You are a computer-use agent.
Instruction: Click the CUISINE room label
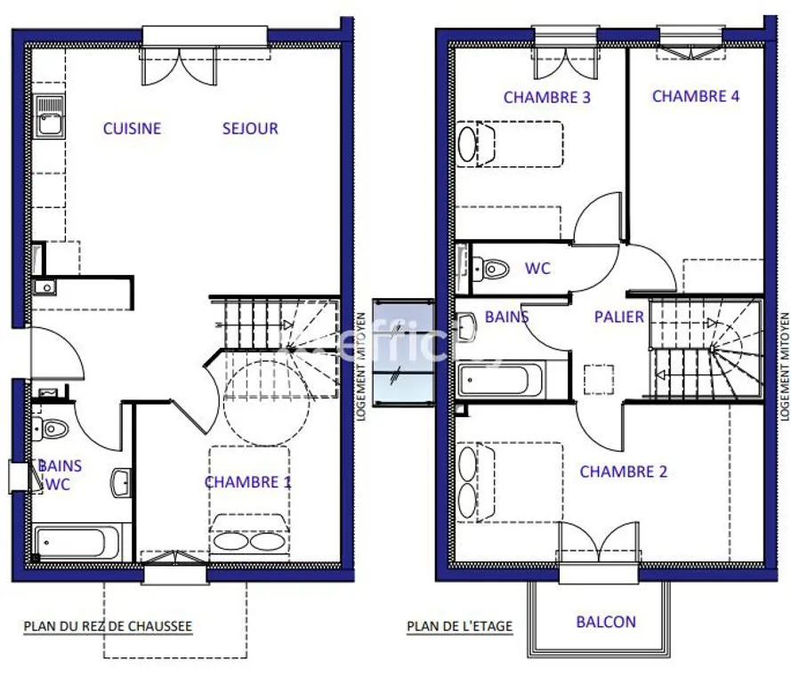point(133,129)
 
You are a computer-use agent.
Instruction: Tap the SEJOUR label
point(250,129)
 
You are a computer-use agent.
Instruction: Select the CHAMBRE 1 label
point(247,482)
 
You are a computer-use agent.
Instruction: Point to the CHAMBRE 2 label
point(624,471)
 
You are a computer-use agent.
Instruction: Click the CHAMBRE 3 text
point(547,97)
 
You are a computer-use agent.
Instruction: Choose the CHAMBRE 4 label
point(696,96)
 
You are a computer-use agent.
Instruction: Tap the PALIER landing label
point(619,317)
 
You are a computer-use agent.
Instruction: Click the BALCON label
point(606,622)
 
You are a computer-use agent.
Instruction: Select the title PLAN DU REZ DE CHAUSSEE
point(108,626)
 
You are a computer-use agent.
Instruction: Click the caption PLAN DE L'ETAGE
point(460,626)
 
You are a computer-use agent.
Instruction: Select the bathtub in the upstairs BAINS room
point(500,381)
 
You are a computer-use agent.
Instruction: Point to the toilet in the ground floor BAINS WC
point(51,430)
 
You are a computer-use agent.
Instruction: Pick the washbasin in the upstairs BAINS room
point(466,326)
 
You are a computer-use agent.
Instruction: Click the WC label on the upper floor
point(537,269)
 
